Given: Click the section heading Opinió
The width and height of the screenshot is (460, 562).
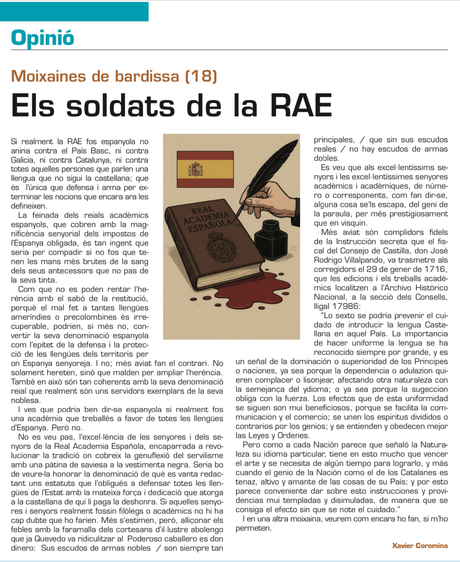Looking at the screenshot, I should [43, 38].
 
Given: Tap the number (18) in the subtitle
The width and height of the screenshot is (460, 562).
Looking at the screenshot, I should [201, 76].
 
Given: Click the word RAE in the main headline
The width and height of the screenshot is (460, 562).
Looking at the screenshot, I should [301, 106].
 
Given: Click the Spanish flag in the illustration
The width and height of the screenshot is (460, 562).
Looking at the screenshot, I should [205, 169].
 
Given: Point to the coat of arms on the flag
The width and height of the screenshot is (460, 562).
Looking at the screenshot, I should [196, 170].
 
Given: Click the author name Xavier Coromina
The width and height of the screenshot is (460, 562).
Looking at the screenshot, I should [420, 545].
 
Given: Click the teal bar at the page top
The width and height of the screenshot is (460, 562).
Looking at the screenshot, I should [74, 11].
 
